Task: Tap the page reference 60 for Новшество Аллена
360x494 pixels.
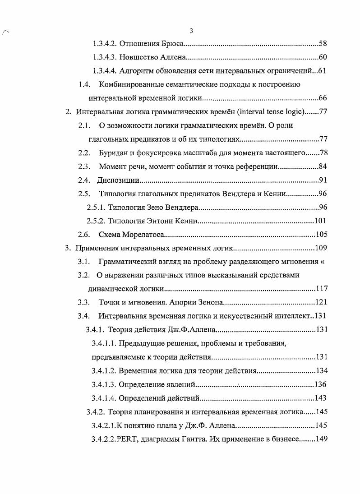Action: (322, 57)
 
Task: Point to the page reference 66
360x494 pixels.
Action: (322, 98)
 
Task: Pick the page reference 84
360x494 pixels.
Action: (322, 166)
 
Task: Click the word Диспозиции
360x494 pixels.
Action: (117, 180)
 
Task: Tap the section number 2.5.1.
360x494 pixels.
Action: (96, 208)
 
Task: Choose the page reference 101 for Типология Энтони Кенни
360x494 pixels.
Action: (320, 221)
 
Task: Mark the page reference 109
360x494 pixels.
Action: (320, 248)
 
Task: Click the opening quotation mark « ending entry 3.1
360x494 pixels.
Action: (322, 262)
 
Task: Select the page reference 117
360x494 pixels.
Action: (321, 289)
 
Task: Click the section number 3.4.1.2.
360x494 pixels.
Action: (104, 371)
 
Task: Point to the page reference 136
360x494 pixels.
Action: (320, 384)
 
